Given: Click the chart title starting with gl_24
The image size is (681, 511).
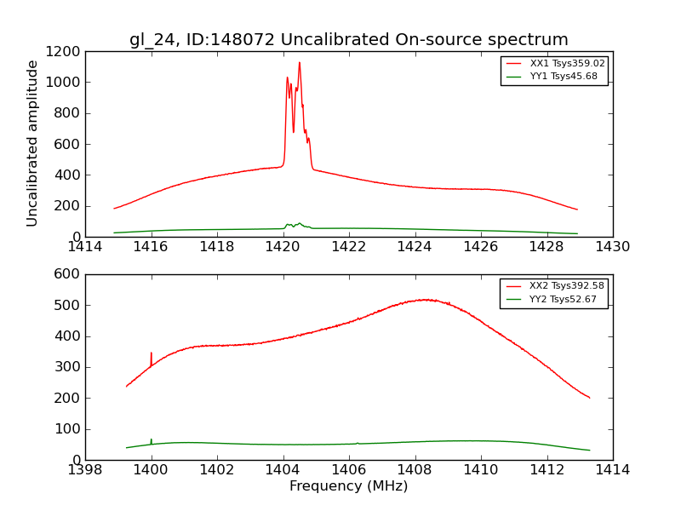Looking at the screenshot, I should pyautogui.click(x=349, y=40).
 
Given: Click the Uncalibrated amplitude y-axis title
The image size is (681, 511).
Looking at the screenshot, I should pyautogui.click(x=33, y=143).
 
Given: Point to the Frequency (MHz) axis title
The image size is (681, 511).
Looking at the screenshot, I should pyautogui.click(x=349, y=486).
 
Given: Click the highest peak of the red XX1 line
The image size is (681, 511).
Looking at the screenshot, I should pyautogui.click(x=299, y=62).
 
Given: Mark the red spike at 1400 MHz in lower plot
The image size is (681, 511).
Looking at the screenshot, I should pyautogui.click(x=152, y=353).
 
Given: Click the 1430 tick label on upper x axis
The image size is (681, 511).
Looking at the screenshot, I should pyautogui.click(x=613, y=247).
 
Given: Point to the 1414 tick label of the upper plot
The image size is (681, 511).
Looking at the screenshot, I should pyautogui.click(x=85, y=247).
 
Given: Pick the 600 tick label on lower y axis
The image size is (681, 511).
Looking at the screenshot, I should pyautogui.click(x=69, y=274).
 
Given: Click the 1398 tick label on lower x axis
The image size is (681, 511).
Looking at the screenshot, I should pyautogui.click(x=85, y=470).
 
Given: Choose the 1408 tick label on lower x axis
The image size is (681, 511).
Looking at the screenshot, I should pyautogui.click(x=415, y=470).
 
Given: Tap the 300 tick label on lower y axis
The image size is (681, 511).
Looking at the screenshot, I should pyautogui.click(x=69, y=367).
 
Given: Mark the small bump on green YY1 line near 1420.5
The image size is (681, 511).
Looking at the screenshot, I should pyautogui.click(x=299, y=223).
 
